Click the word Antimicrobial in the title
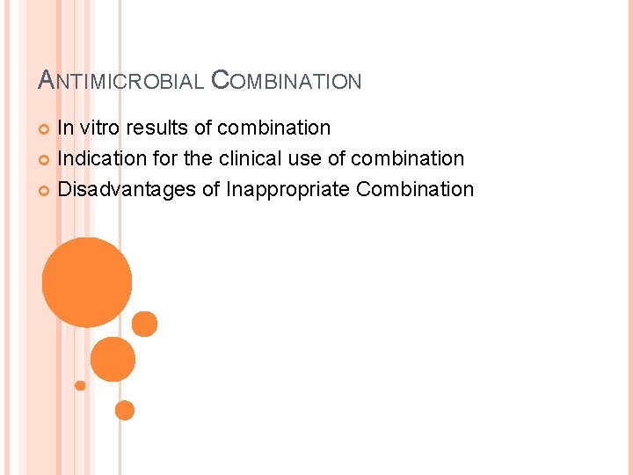tap(122, 81)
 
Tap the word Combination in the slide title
tap(287, 81)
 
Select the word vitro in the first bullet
tap(99, 128)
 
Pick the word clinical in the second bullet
tap(264, 158)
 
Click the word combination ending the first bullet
tap(273, 128)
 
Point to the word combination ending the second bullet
tap(407, 158)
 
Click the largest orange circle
tap(87, 282)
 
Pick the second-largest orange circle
tap(113, 359)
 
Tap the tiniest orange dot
tap(80, 385)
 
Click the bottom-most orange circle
tap(125, 410)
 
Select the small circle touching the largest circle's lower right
tap(144, 324)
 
